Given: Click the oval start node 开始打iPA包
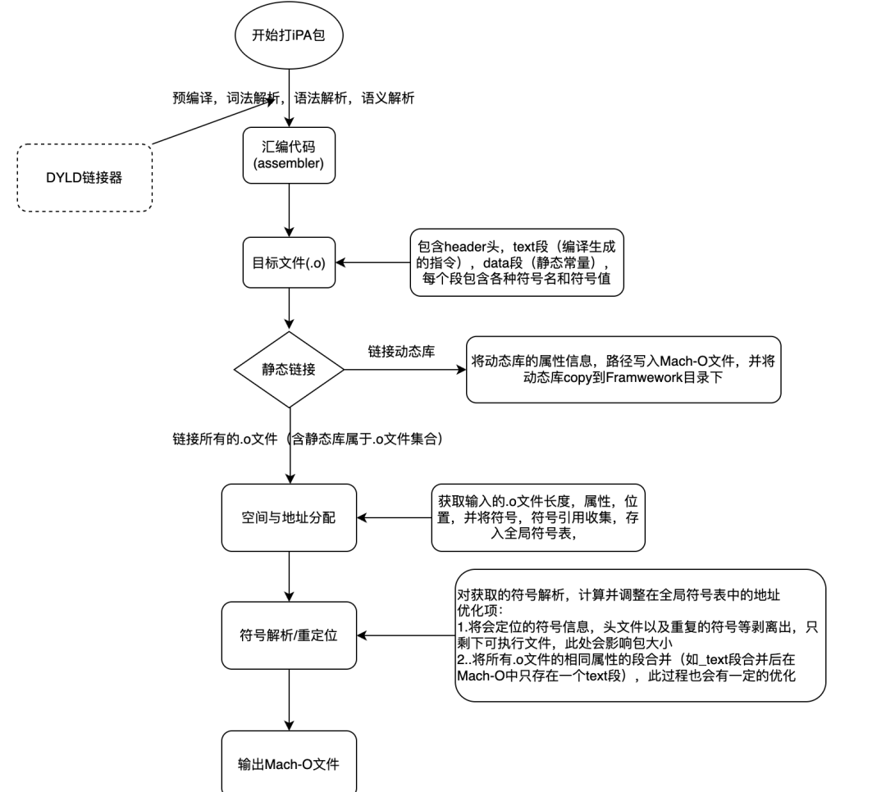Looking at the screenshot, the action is [289, 35].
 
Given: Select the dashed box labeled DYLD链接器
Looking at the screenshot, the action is [84, 178].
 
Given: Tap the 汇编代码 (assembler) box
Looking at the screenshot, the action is [289, 155].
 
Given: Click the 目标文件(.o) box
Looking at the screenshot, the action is [289, 262].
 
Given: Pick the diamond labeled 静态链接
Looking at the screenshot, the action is [289, 370].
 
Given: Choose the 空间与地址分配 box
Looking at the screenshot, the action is [289, 517].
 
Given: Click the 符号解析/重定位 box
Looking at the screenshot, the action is [289, 635].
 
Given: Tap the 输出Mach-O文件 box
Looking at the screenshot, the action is [289, 762].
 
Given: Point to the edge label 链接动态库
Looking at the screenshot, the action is [401, 352].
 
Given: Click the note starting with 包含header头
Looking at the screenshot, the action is [517, 262].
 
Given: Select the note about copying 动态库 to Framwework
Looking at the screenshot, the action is [623, 370].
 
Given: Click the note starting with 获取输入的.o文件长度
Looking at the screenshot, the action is [538, 517].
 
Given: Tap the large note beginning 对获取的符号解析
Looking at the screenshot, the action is [640, 635].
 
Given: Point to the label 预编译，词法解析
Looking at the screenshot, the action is [226, 98].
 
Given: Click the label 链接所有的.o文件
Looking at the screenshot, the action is [225, 439].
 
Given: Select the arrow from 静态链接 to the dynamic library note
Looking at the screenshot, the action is [405, 370].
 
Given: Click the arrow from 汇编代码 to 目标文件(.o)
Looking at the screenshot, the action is [290, 210].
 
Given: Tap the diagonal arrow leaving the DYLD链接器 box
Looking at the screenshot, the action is [214, 121].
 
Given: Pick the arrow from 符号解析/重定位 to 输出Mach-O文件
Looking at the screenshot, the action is [290, 700].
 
